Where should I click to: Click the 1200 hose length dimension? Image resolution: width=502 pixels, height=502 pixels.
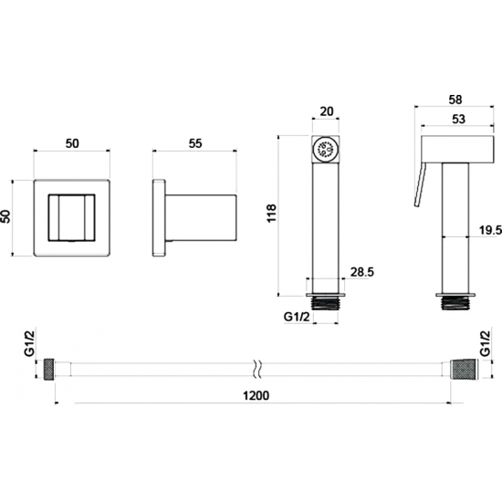pos(256,396)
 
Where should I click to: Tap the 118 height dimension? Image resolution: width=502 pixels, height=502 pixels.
pos(271,214)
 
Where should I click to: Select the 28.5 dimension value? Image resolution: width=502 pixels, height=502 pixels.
pos(362,272)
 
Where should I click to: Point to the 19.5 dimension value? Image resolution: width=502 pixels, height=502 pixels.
pos(490,230)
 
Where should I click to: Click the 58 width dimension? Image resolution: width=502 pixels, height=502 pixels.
pos(455,99)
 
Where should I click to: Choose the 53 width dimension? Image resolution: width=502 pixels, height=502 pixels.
pos(458,119)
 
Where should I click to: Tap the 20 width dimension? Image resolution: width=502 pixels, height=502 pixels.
pos(327,111)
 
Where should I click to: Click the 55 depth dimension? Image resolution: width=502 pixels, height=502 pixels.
pos(195,143)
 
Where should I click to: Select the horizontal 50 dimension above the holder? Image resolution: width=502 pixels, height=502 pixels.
pos(72,143)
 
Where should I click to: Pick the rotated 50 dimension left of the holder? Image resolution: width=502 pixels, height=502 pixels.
pos(5,216)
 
